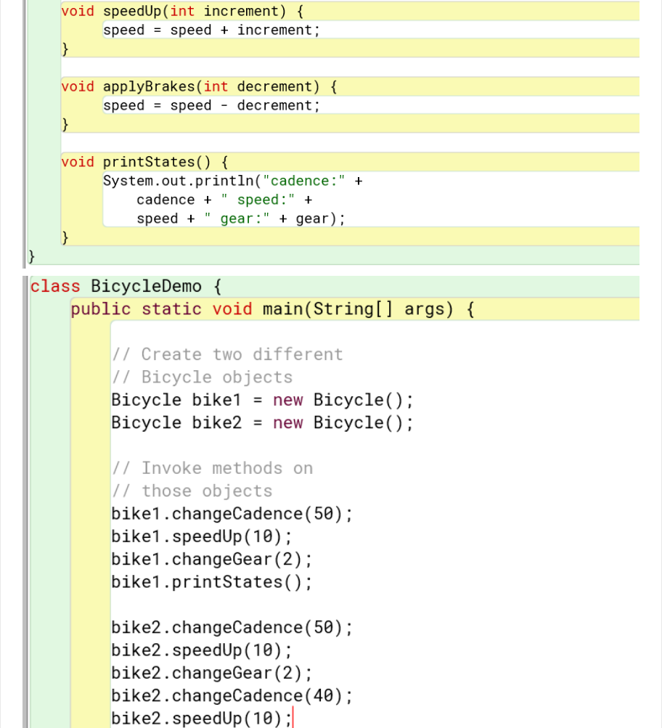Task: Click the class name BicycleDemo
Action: pyautogui.click(x=146, y=286)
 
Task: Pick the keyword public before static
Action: pyautogui.click(x=101, y=310)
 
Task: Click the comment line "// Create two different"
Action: pyautogui.click(x=226, y=354)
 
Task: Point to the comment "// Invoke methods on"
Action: pyautogui.click(x=212, y=468)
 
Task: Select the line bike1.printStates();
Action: pyautogui.click(x=211, y=582)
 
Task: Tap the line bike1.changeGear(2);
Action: pyautogui.click(x=211, y=560)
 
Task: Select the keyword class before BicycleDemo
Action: pyautogui.click(x=55, y=286)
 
